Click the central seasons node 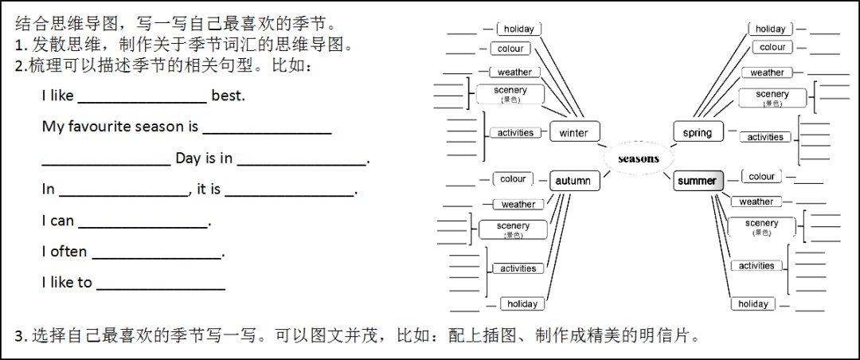point(638,158)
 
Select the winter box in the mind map point(573,132)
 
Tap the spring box point(698,132)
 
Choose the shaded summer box point(698,181)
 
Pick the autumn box point(573,181)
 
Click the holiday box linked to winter point(518,29)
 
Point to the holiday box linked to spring point(770,29)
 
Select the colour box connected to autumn point(514,179)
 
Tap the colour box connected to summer point(761,176)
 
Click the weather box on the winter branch point(514,72)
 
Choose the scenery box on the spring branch point(772,97)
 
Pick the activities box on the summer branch point(756,266)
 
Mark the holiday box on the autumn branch point(522,303)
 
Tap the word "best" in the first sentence point(229,96)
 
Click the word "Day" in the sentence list point(189,158)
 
